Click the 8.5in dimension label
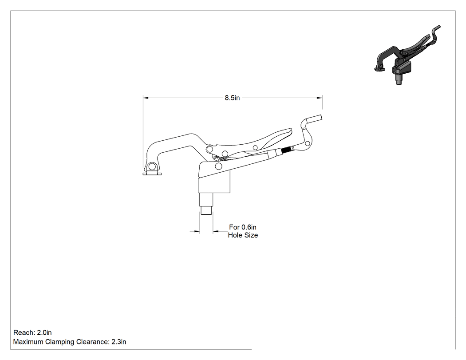point(232,98)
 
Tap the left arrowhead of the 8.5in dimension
point(146,98)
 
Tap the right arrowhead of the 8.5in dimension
point(320,98)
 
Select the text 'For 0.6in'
point(242,227)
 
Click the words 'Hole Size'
point(243,235)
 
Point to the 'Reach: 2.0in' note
point(32,332)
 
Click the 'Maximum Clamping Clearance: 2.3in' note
point(70,342)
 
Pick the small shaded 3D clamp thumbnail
point(407,55)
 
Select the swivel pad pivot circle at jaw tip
point(152,166)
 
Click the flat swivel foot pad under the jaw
point(152,174)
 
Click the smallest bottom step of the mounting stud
point(206,210)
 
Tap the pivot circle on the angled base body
point(218,166)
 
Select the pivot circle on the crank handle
point(308,144)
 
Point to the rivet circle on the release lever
point(255,147)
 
